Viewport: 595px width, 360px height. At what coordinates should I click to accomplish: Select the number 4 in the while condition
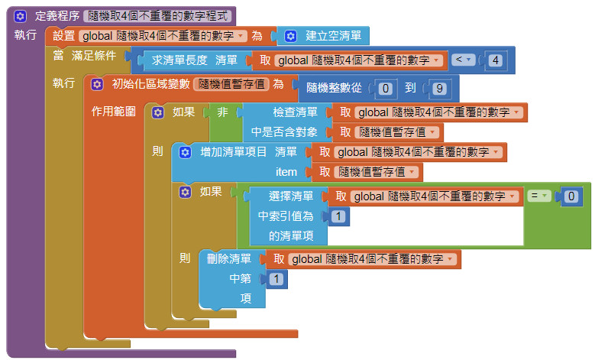pyautogui.click(x=496, y=60)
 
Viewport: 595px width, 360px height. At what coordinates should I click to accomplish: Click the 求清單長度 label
pyautogui.click(x=179, y=60)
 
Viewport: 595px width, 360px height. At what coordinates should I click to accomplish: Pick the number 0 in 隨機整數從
pyautogui.click(x=386, y=88)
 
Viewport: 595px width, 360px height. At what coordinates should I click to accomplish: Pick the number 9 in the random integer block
pyautogui.click(x=438, y=88)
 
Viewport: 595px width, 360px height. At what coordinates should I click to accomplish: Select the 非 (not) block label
pyautogui.click(x=222, y=112)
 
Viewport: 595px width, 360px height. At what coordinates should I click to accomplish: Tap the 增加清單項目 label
pyautogui.click(x=233, y=152)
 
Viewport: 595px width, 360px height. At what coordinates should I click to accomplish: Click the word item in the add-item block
pyautogui.click(x=286, y=172)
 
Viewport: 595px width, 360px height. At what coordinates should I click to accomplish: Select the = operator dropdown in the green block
pyautogui.click(x=540, y=196)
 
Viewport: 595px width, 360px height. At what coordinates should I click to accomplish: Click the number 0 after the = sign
pyautogui.click(x=571, y=196)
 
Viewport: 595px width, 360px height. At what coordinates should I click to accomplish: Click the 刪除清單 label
pyautogui.click(x=229, y=259)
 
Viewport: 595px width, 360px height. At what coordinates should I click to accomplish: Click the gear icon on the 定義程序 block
pyautogui.click(x=20, y=15)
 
